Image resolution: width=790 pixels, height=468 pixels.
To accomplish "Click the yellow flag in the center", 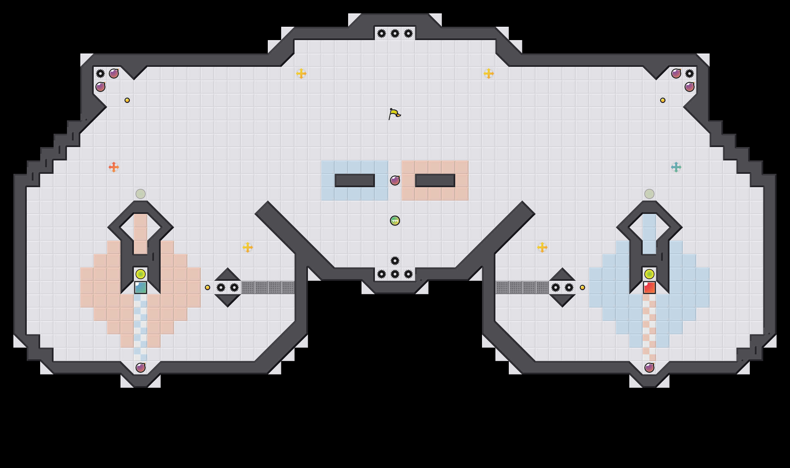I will (394, 114).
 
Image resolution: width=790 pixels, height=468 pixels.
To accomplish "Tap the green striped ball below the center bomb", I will (395, 221).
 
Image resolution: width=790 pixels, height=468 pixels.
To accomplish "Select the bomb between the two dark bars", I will (395, 181).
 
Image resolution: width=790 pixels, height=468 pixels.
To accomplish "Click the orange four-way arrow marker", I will (114, 167).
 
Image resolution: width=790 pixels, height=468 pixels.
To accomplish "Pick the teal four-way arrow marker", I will (676, 167).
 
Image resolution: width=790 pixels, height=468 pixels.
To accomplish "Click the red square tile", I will (649, 287).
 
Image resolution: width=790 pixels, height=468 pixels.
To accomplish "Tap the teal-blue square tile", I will (141, 287).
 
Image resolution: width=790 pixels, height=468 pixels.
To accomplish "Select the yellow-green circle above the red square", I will (649, 274).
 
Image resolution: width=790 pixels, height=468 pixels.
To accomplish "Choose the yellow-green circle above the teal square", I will (141, 274).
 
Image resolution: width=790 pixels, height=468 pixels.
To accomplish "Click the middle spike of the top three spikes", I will (395, 33).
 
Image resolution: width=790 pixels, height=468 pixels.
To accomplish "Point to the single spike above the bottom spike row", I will (395, 261).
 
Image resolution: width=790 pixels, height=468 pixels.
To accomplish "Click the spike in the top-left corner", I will (100, 74).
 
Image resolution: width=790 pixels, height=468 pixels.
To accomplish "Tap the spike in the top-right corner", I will (690, 74).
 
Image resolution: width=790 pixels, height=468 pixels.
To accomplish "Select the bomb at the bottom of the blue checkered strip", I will (141, 368).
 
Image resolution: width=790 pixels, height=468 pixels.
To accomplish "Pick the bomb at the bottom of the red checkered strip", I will (649, 368).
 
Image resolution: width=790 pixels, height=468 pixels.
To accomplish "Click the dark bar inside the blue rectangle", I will (355, 181).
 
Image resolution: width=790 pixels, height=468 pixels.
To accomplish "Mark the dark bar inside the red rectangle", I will (435, 181).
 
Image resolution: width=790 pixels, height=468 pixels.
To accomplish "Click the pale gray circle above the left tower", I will (141, 194).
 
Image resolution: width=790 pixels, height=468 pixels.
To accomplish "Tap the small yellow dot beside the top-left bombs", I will (127, 100).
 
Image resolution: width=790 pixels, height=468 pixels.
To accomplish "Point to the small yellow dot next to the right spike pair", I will (582, 287).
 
